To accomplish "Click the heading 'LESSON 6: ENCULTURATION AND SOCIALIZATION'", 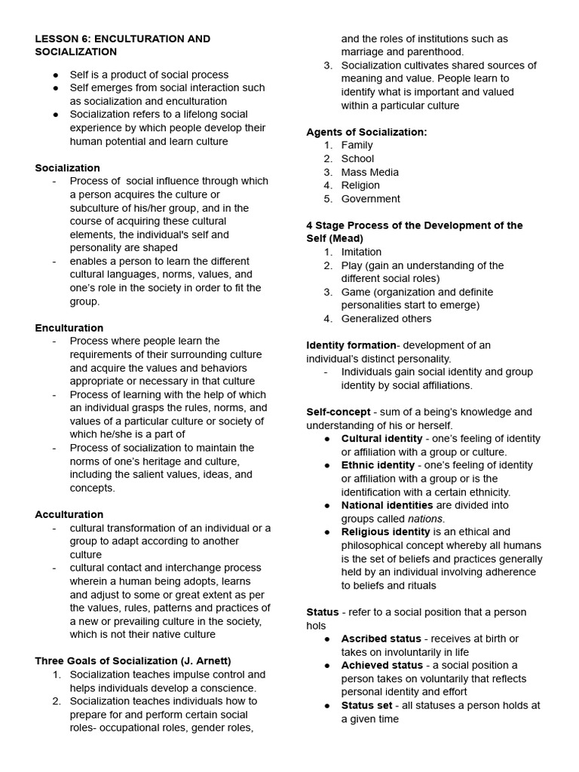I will pyautogui.click(x=122, y=45).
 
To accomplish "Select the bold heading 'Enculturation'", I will pyautogui.click(x=69, y=328).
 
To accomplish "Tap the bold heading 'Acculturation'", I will pyautogui.click(x=69, y=514).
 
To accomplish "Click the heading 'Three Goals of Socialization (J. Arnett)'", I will pyautogui.click(x=133, y=661).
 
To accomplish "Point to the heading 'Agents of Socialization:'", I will pyautogui.click(x=366, y=132).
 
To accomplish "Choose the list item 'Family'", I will pyautogui.click(x=357, y=145).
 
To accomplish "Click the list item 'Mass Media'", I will pyautogui.click(x=369, y=172).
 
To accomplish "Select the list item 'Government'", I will pyautogui.click(x=370, y=199).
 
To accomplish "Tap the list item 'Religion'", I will pyautogui.click(x=360, y=185).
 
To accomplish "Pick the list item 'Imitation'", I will pyautogui.click(x=361, y=252).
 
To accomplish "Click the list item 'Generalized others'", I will pyautogui.click(x=386, y=318).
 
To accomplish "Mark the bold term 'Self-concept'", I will pyautogui.click(x=338, y=412).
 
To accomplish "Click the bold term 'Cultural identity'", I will pyautogui.click(x=381, y=439).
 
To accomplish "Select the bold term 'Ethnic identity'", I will pyautogui.click(x=378, y=465).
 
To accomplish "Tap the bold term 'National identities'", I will pyautogui.click(x=387, y=505).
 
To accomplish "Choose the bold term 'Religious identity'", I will pyautogui.click(x=385, y=532).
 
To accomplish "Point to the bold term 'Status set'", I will pyautogui.click(x=366, y=706).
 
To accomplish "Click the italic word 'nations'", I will pyautogui.click(x=425, y=519).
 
